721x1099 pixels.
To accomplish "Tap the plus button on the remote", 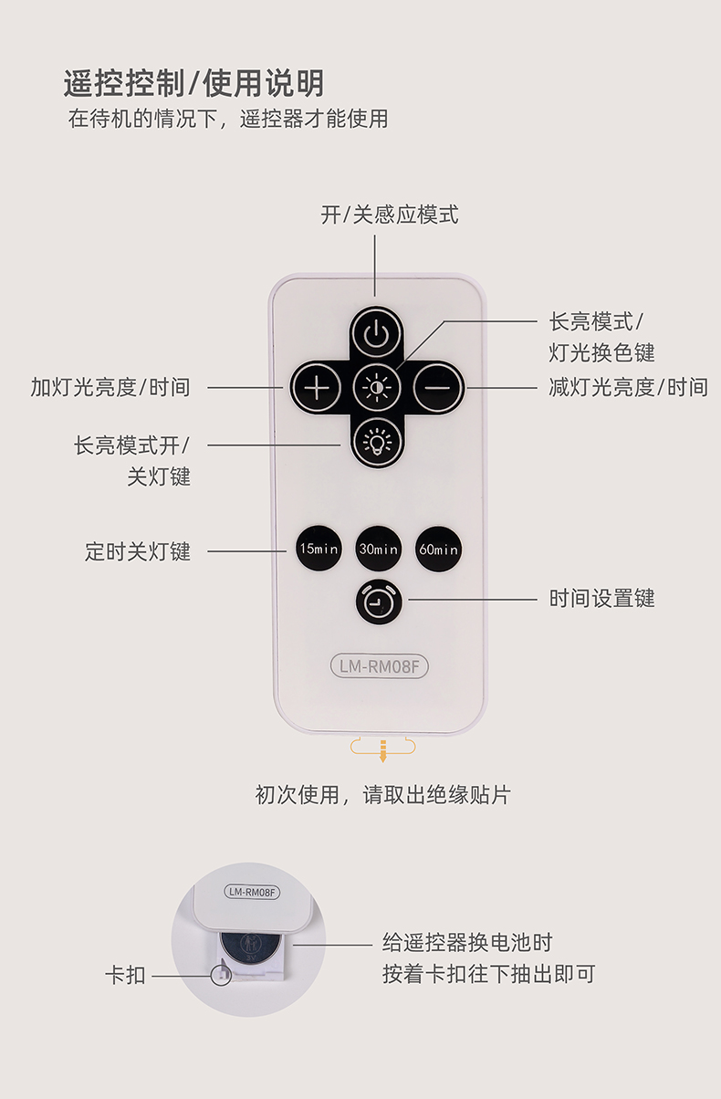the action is click(x=317, y=388).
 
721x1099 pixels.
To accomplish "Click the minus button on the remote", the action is click(x=438, y=388).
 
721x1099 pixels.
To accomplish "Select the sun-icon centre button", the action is click(x=377, y=388).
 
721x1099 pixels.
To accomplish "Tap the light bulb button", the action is click(x=377, y=442).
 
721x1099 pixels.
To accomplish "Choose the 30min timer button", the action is click(x=378, y=549).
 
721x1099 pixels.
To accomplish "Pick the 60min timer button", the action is click(x=438, y=549).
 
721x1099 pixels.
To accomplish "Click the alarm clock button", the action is click(x=379, y=602).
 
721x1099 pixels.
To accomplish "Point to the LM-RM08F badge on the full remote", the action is click(x=379, y=666).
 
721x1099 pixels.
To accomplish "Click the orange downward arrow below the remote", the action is click(x=383, y=750).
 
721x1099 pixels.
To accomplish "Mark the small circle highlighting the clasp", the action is click(x=221, y=975).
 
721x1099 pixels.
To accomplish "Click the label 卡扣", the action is click(x=126, y=976).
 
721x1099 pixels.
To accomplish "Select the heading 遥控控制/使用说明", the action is click(x=194, y=83).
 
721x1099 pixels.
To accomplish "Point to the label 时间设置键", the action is click(x=601, y=599).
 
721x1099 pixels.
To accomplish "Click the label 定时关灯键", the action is click(x=138, y=551).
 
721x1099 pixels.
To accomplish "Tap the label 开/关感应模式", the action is click(x=390, y=215).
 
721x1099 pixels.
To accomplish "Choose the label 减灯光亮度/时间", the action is click(x=628, y=388).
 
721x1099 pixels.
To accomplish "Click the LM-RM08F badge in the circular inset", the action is click(x=252, y=892).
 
